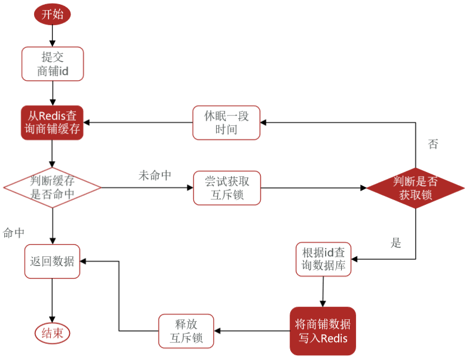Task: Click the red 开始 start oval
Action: [x=52, y=14]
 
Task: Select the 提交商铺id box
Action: [x=53, y=64]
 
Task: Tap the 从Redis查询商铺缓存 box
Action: [x=52, y=122]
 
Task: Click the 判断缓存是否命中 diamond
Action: [x=52, y=187]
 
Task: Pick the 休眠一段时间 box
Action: [x=226, y=122]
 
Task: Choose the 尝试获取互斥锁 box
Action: [x=227, y=188]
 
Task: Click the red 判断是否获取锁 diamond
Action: [x=415, y=188]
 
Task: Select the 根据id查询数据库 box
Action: [x=324, y=259]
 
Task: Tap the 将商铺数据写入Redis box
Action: [x=323, y=331]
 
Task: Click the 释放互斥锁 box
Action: [x=186, y=331]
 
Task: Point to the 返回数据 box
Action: [x=52, y=261]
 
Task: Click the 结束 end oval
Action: [x=52, y=333]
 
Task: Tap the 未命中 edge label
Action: [x=154, y=176]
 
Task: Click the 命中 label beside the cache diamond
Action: [x=13, y=233]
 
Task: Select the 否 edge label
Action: [x=433, y=144]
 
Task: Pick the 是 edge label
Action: [x=396, y=243]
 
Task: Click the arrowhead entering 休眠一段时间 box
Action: [x=263, y=122]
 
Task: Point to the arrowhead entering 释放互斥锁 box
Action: [x=217, y=331]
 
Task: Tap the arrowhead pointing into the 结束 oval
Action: [x=52, y=320]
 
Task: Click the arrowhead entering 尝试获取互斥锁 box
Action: [x=190, y=187]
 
